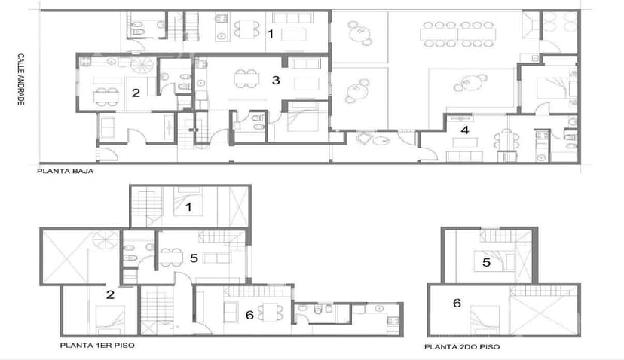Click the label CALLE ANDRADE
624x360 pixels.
[x=22, y=79]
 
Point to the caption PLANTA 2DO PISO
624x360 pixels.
[x=461, y=347]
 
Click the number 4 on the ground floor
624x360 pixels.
[x=465, y=130]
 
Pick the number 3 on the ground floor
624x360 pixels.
[x=276, y=79]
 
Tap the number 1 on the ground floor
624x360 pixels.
[x=270, y=33]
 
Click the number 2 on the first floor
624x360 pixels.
[x=110, y=294]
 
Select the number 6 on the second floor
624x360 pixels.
[x=457, y=303]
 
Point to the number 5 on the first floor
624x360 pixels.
[x=194, y=258]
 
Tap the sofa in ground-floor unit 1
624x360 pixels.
[x=295, y=34]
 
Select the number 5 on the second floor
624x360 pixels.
[x=487, y=263]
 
